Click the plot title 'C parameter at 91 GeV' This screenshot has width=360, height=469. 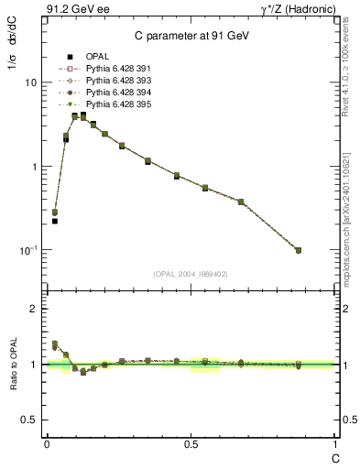click(x=191, y=36)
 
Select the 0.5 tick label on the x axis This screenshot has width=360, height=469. click(x=191, y=445)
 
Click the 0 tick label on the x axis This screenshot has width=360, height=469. click(x=46, y=445)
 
